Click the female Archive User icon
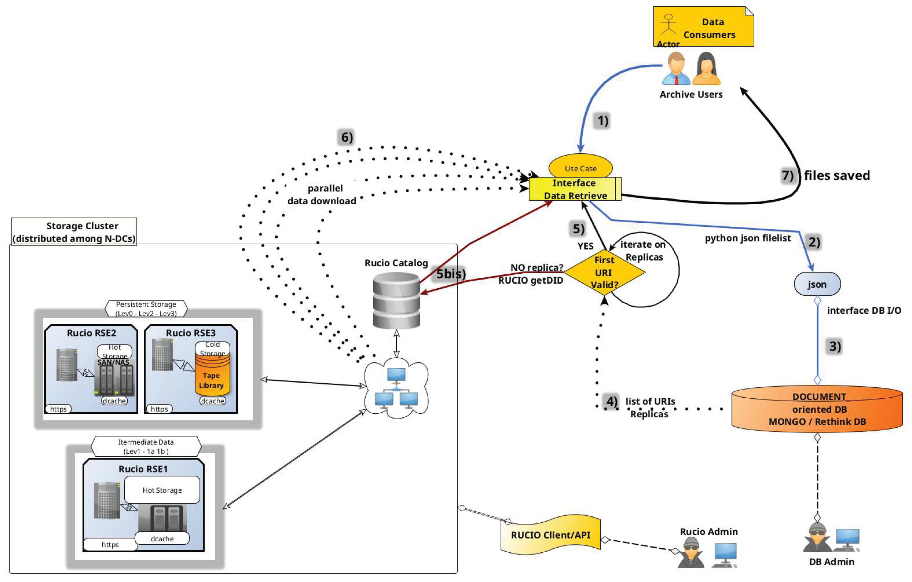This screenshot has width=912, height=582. pyautogui.click(x=706, y=69)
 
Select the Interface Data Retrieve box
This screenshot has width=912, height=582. pyautogui.click(x=575, y=189)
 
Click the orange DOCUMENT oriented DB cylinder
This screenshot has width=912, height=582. pyautogui.click(x=817, y=409)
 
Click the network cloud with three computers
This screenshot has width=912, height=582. pyautogui.click(x=396, y=388)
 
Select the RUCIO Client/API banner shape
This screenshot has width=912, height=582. pyautogui.click(x=550, y=535)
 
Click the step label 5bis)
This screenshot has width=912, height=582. pyautogui.click(x=450, y=274)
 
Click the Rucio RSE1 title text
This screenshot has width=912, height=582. pyautogui.click(x=143, y=469)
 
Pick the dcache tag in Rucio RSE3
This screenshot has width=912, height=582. pyautogui.click(x=212, y=401)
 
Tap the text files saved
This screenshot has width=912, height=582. pyautogui.click(x=837, y=176)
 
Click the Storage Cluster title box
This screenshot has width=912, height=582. pyautogui.click(x=74, y=231)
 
